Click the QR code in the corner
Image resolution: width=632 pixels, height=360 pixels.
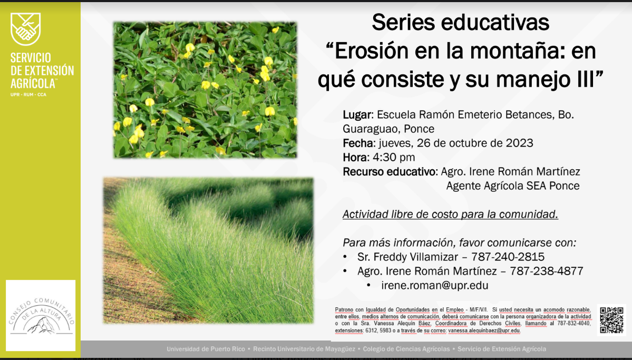point(611,320)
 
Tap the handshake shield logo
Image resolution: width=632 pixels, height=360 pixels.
point(25,28)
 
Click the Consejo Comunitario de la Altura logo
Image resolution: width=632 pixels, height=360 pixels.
point(41,315)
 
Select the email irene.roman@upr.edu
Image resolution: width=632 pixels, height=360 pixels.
point(434,286)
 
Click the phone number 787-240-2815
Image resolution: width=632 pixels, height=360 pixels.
point(508,257)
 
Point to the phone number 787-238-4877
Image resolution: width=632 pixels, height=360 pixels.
point(546,271)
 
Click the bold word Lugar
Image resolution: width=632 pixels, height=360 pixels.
point(357,115)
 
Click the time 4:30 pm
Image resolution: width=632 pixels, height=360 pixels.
point(394,158)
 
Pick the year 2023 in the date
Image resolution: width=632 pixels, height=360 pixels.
point(519,143)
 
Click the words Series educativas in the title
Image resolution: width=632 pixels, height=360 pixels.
point(460,23)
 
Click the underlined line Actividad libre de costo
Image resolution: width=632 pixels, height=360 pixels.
point(450,215)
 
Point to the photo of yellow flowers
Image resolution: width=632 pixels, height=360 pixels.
point(205,90)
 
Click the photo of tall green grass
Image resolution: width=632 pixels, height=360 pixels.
point(208,250)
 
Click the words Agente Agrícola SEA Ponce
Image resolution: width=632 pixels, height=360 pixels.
point(513,186)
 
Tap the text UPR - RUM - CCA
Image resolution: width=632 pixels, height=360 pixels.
point(28,95)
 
